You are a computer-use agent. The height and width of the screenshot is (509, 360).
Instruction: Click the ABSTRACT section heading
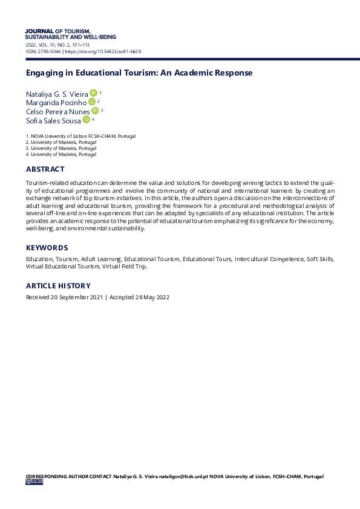click(45, 169)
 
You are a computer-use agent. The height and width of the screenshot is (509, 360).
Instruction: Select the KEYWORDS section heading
click(47, 248)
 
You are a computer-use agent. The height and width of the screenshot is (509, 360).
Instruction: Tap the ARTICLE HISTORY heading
click(58, 286)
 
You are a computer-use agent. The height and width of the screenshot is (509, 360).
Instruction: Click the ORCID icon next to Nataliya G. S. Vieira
click(93, 93)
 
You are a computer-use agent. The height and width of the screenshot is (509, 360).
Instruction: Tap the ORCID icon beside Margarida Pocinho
click(91, 102)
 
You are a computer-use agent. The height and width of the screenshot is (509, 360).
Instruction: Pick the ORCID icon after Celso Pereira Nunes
click(95, 111)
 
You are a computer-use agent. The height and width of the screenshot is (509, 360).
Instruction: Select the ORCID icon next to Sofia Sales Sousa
click(86, 120)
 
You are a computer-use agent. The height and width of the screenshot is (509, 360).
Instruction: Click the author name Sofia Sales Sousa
click(53, 121)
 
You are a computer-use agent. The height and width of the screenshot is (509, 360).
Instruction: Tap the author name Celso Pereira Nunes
click(57, 112)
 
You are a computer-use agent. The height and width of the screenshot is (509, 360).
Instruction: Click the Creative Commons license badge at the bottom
click(34, 482)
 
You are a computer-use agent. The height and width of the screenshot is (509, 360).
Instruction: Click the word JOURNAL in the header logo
click(39, 31)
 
